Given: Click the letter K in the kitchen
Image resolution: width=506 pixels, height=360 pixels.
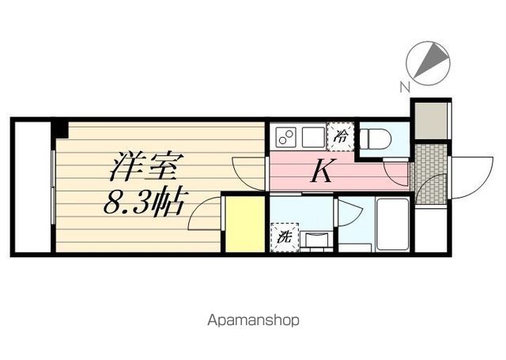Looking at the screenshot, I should tap(319, 172).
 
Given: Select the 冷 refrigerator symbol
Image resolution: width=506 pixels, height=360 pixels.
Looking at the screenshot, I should tap(341, 136).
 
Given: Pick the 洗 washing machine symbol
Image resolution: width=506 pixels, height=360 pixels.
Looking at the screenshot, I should tap(283, 236).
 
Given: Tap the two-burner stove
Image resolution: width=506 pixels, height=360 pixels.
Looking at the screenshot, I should tap(285, 137).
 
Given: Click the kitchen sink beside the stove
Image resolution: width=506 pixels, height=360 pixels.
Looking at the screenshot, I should tap(312, 137).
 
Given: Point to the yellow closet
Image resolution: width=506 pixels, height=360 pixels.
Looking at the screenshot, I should tap(245, 224).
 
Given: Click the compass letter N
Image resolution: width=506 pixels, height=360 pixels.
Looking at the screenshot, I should tap(404, 86).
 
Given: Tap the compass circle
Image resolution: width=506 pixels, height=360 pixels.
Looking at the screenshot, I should tap(428, 63).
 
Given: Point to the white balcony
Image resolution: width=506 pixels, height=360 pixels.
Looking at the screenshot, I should tap(32, 187).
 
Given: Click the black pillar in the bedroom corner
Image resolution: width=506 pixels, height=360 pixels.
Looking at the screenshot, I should tap(59, 128).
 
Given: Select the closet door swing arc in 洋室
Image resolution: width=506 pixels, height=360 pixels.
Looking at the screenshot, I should tap(204, 212).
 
